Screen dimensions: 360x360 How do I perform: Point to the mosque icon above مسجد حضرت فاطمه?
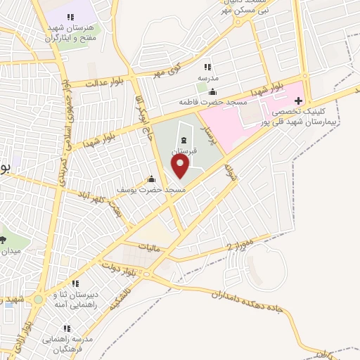[x=213, y=91]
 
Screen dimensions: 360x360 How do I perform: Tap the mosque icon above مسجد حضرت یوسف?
[x=151, y=179]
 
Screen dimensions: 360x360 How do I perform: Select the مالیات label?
[x=150, y=248]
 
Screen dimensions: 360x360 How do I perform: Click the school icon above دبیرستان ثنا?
[x=75, y=283]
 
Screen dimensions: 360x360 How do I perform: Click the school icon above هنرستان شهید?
[x=70, y=17]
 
